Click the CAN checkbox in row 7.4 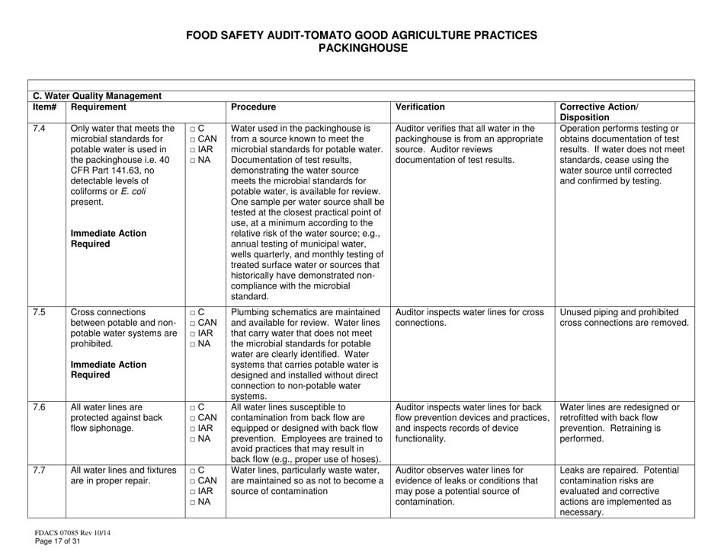pyautogui.click(x=194, y=142)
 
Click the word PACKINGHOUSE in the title pyautogui.click(x=361, y=48)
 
